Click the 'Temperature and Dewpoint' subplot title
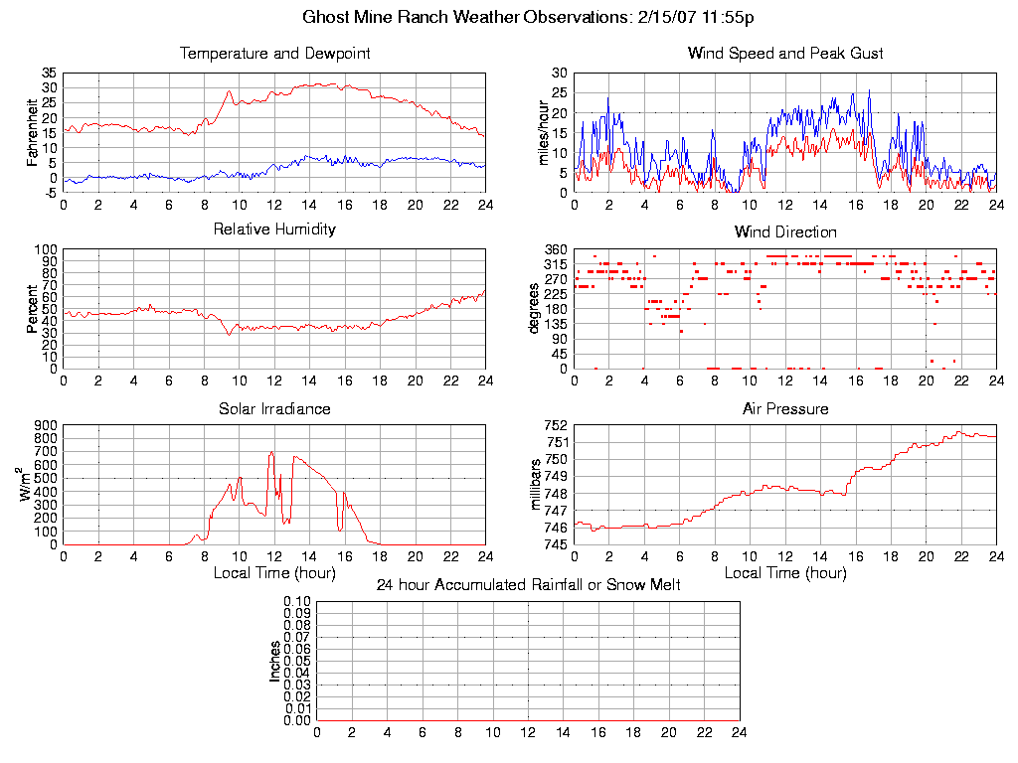[x=274, y=53]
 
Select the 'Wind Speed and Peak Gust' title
[x=785, y=53]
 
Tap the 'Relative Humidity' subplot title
[x=274, y=229]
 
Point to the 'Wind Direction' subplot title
[x=785, y=231]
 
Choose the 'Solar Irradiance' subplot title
[x=274, y=408]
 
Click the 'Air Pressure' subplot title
[x=785, y=408]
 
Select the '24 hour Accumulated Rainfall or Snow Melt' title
[x=528, y=585]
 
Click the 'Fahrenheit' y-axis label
[x=32, y=132]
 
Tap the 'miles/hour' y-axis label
[x=543, y=132]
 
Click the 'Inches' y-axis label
[x=275, y=661]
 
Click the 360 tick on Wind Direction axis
[x=554, y=249]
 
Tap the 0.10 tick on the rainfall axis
[x=297, y=602]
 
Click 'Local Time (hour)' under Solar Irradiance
[x=274, y=572]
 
